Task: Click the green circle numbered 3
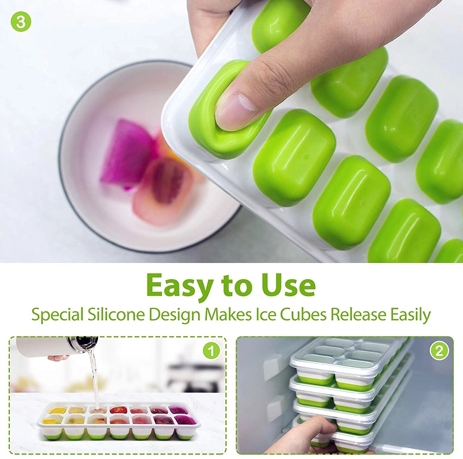point(21,22)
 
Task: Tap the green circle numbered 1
point(211,351)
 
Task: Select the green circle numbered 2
point(439,351)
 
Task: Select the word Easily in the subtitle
point(410,315)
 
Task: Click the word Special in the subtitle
point(58,315)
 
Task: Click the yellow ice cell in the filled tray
point(56,410)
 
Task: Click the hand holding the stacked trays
point(314,434)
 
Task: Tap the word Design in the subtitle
point(174,315)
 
